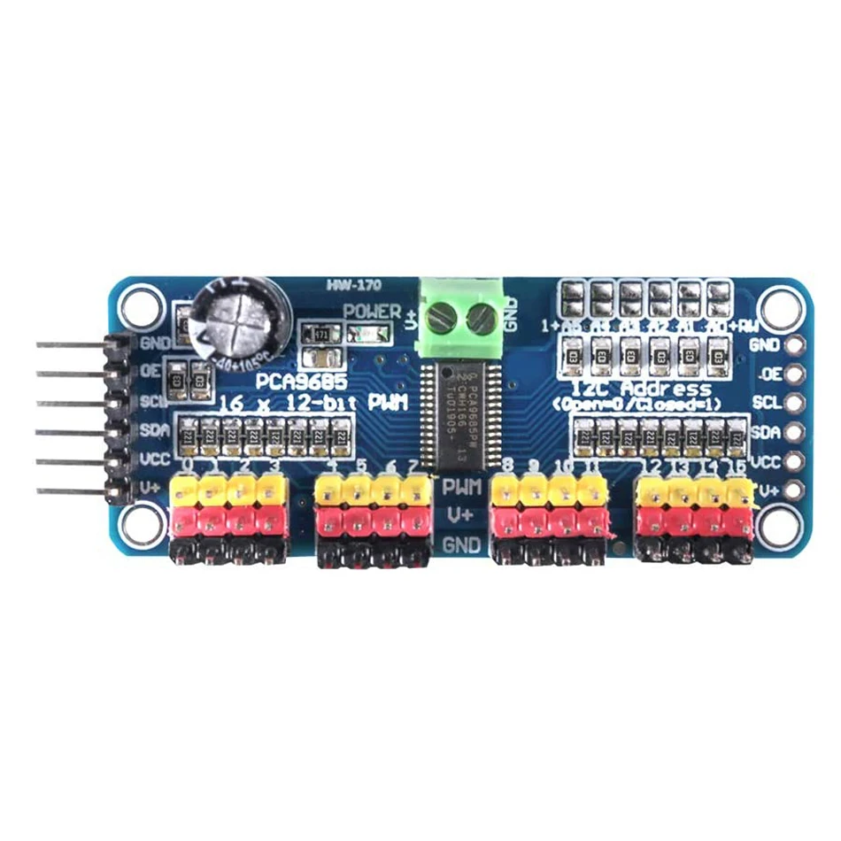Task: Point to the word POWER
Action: coord(373,312)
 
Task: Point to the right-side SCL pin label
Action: coord(767,403)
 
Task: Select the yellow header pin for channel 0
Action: coord(188,489)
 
